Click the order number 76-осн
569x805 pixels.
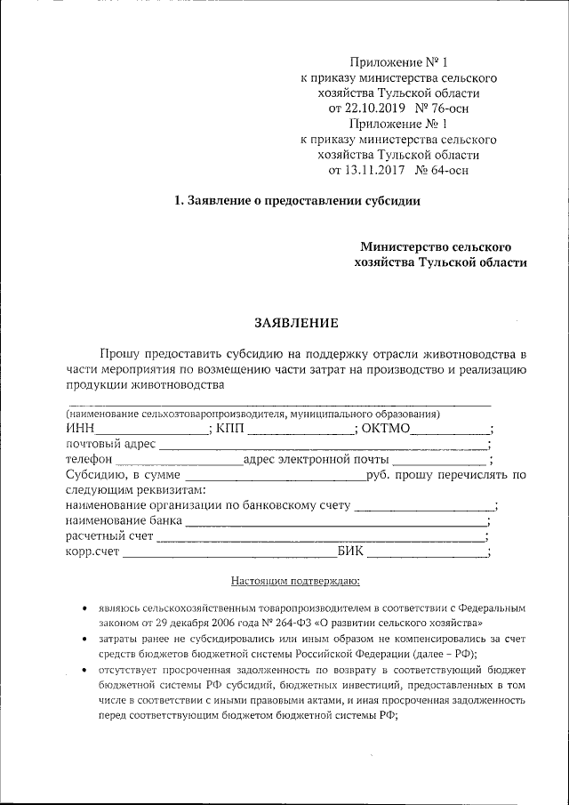[x=448, y=109]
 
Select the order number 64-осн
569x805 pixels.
[x=447, y=169]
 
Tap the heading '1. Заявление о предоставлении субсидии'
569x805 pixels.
[x=297, y=201]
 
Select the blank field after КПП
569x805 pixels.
[x=300, y=431]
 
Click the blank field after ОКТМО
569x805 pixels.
[x=448, y=431]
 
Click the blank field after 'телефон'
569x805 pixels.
[x=178, y=461]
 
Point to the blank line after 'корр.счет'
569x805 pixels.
[x=228, y=553]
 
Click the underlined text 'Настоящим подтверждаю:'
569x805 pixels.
[x=295, y=583]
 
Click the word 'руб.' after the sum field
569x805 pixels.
[x=380, y=476]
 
